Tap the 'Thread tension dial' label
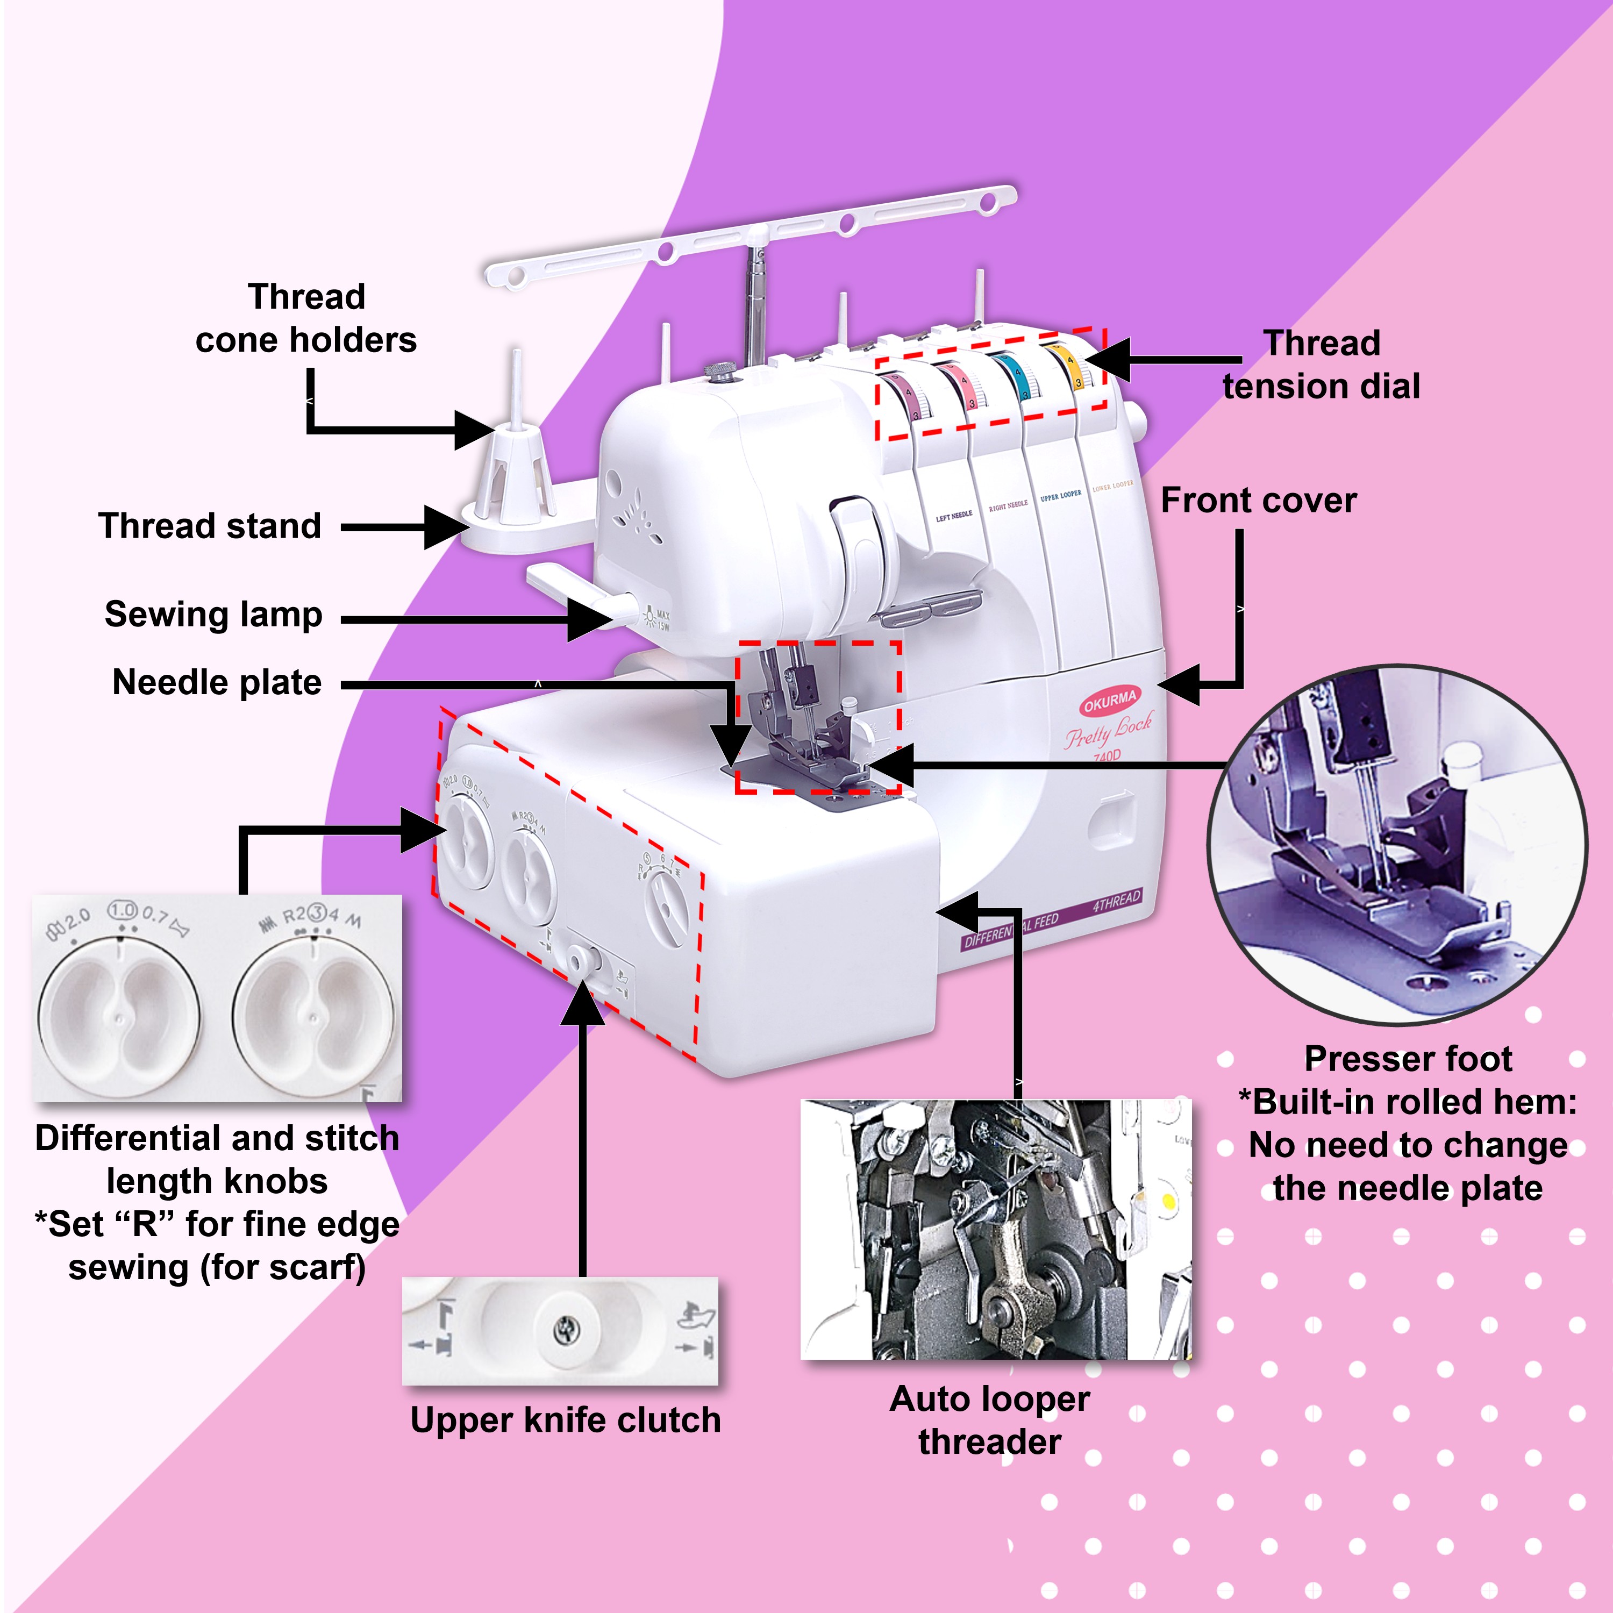click(x=1321, y=365)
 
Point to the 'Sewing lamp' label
click(x=214, y=615)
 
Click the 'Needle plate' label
click(x=217, y=683)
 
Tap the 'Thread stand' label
click(x=210, y=526)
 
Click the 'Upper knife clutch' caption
click(x=565, y=1420)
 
